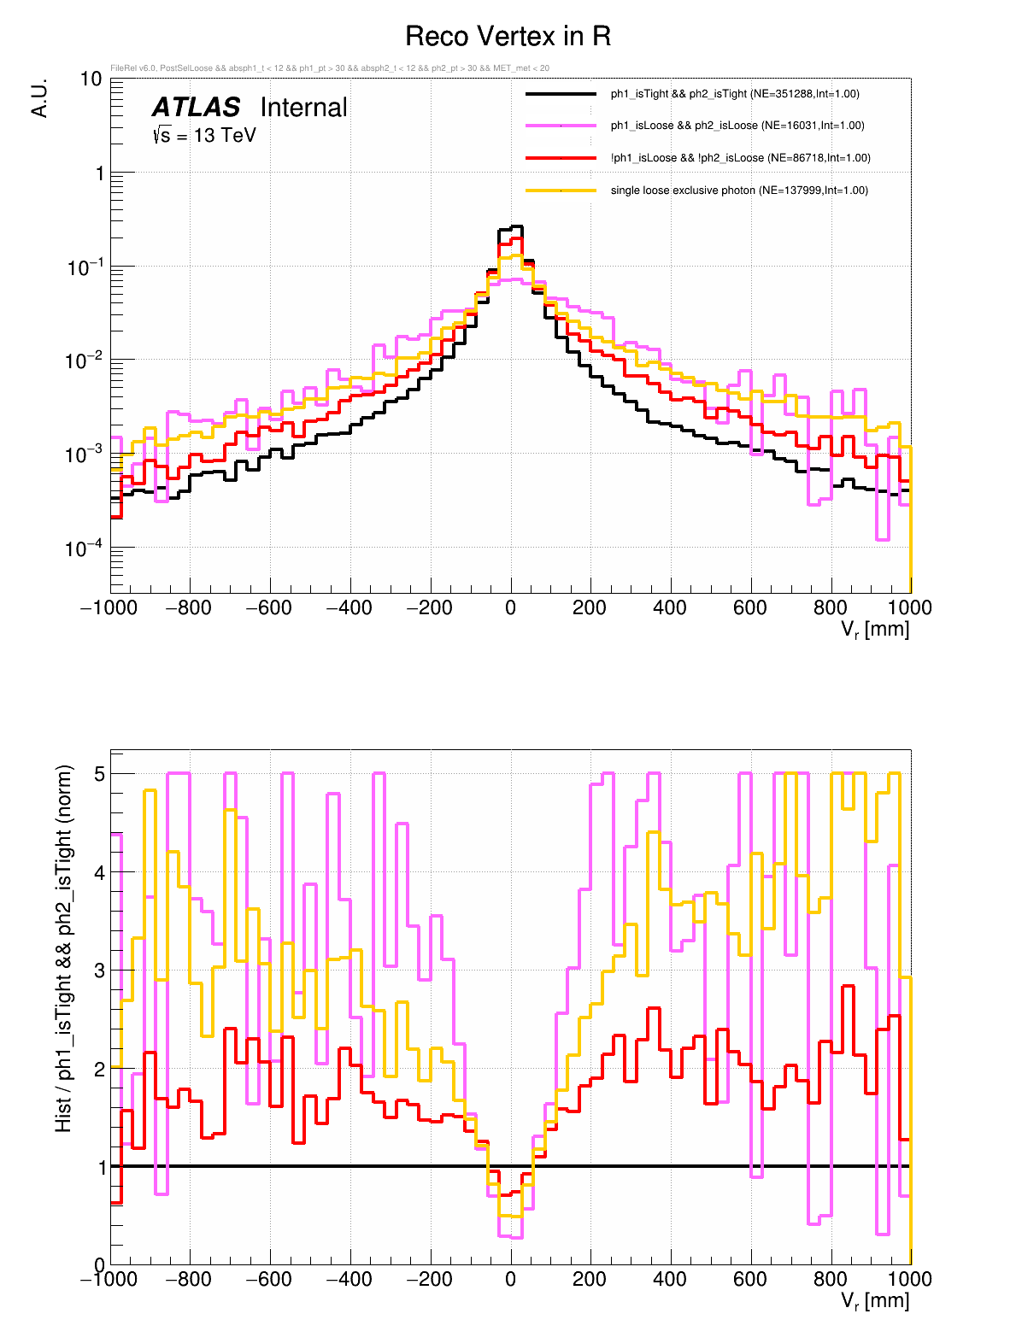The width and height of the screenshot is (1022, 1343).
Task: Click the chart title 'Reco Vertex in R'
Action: tap(508, 37)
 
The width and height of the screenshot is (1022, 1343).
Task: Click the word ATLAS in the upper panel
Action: tap(196, 108)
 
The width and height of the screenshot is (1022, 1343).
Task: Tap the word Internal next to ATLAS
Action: tap(303, 108)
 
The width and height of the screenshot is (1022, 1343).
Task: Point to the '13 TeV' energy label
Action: tap(224, 135)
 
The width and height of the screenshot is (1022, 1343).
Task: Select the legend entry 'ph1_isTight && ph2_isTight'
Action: tap(735, 94)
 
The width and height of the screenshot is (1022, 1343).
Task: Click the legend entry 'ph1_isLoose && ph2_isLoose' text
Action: tap(737, 126)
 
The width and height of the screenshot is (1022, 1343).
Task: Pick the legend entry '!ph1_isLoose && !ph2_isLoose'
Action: tap(740, 158)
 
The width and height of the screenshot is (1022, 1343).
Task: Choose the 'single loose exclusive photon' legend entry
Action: tap(738, 191)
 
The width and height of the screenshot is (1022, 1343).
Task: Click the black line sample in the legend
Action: tap(561, 94)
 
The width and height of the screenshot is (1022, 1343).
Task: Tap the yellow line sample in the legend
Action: tap(561, 191)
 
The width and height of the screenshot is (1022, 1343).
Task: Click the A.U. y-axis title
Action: tap(39, 98)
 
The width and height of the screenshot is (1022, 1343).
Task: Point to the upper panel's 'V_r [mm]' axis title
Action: tap(875, 630)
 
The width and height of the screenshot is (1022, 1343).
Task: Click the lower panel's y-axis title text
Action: tap(64, 948)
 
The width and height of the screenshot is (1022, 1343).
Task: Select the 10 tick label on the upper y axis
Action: tap(91, 79)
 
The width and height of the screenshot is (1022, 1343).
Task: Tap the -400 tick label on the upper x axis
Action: tap(350, 608)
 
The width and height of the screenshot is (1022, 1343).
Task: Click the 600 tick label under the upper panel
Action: tap(750, 608)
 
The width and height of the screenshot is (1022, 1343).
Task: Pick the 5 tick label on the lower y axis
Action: tap(99, 774)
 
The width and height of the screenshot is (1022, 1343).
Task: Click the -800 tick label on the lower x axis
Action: tap(190, 1280)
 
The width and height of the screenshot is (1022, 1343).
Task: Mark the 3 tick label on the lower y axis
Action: tap(99, 971)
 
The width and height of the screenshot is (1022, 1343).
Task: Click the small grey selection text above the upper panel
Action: tap(330, 68)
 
